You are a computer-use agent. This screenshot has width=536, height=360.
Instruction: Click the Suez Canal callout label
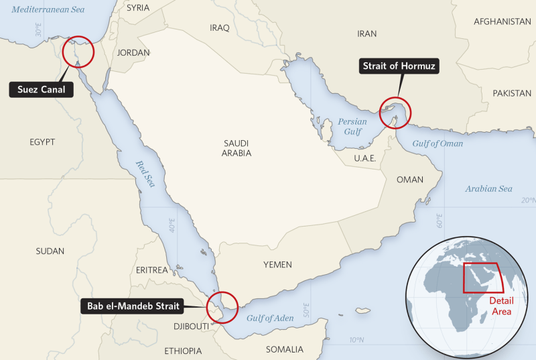click(x=41, y=89)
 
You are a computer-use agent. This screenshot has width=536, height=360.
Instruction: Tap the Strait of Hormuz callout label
click(x=400, y=66)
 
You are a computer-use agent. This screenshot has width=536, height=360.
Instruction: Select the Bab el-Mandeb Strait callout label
click(x=133, y=307)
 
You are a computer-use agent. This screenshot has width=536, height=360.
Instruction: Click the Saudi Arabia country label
click(x=237, y=148)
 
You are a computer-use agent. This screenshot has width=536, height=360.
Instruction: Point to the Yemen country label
click(x=277, y=265)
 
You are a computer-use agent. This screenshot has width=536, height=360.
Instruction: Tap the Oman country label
click(x=410, y=180)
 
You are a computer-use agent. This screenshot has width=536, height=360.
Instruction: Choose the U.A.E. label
click(x=365, y=158)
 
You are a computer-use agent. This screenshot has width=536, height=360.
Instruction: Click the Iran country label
click(x=367, y=34)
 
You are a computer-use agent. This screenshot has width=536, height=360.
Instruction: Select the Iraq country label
click(x=220, y=28)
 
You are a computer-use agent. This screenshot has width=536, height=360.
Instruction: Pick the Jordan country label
click(x=133, y=52)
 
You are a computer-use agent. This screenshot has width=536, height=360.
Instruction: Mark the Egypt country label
click(x=42, y=142)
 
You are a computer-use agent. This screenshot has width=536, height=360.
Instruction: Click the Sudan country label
click(x=50, y=251)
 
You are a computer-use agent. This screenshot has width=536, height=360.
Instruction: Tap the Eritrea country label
click(x=151, y=269)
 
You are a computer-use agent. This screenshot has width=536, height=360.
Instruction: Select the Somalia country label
click(x=285, y=349)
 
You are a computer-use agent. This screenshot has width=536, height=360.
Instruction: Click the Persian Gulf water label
click(x=352, y=127)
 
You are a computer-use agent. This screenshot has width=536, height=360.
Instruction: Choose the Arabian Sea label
click(x=488, y=189)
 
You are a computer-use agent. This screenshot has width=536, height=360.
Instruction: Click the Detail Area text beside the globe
click(x=500, y=306)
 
